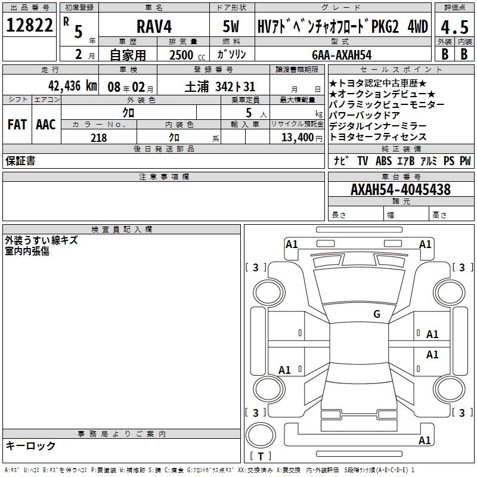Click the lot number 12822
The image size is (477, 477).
(29, 25)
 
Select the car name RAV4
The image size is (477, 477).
(154, 26)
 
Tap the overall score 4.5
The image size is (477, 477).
(454, 27)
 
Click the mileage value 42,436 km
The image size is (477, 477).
(73, 86)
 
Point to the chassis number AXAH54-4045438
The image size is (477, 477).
(401, 189)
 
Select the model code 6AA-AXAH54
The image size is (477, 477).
(342, 55)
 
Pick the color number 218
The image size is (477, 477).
(99, 138)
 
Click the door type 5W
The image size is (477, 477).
(231, 26)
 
